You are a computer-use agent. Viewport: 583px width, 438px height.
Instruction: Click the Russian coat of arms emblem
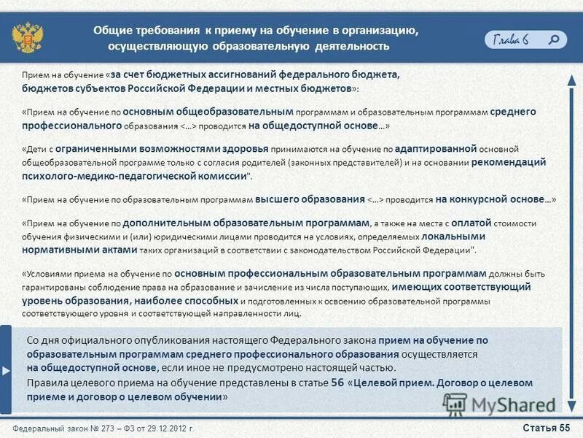point(27,37)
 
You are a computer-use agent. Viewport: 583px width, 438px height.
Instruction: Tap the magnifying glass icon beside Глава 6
point(555,39)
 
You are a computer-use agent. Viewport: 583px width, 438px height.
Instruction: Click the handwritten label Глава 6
point(511,39)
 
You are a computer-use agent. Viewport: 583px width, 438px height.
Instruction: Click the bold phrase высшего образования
point(310,199)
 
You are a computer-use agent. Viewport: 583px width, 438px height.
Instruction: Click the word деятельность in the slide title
point(353,46)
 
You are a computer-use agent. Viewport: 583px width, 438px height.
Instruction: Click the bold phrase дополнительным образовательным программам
point(246,223)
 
